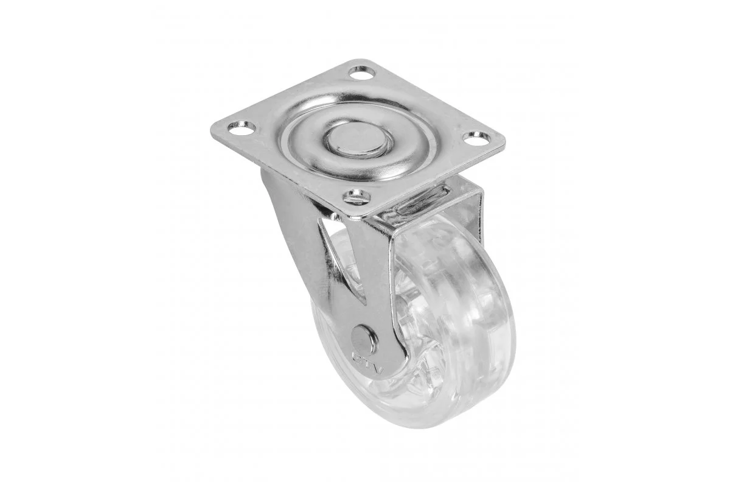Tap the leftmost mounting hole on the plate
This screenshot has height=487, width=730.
241,128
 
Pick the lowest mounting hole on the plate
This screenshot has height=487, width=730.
356,197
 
